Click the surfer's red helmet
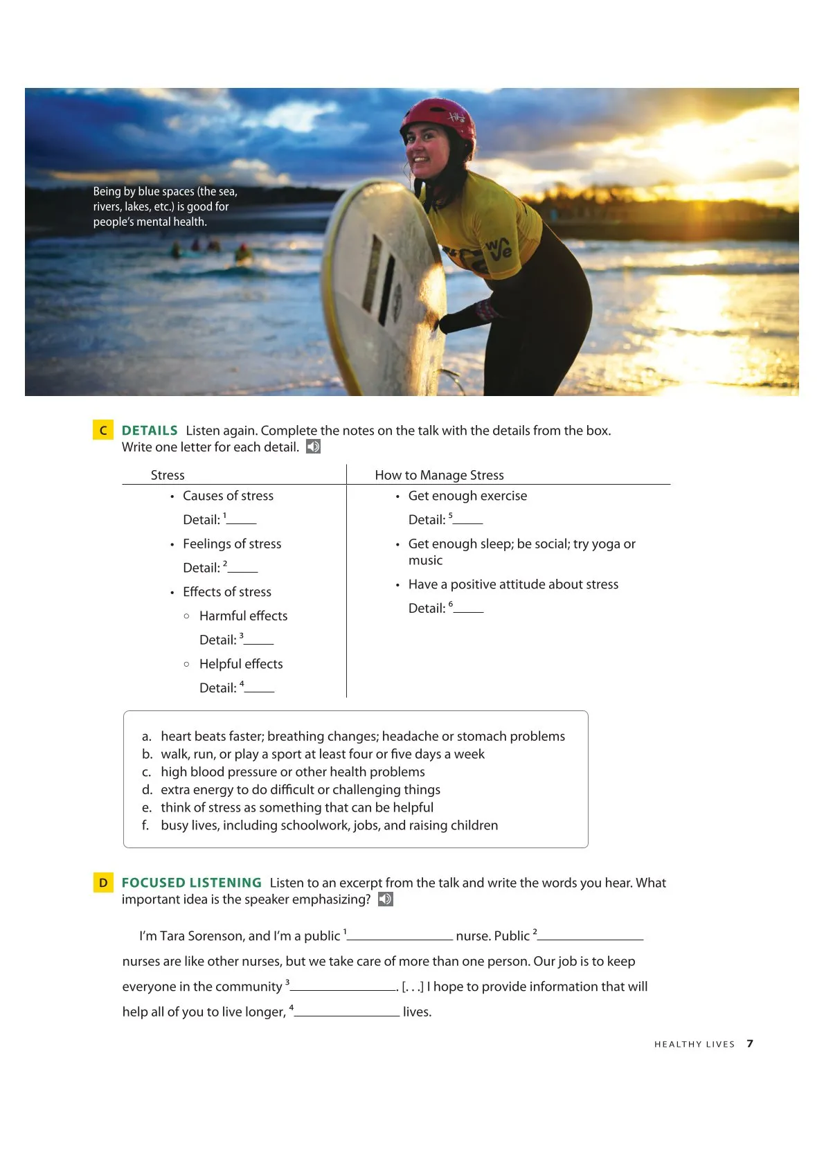pos(439,117)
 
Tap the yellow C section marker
pos(103,430)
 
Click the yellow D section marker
pos(103,883)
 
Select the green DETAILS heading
pos(150,431)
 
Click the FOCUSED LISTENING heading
pos(192,883)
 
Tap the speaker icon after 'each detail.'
pos(314,447)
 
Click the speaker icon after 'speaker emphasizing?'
pos(386,899)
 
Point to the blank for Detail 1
pos(241,521)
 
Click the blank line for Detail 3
pos(258,641)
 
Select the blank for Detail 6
pos(468,609)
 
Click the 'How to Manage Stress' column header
pos(439,475)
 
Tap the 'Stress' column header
pos(168,475)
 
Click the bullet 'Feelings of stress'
pos(232,544)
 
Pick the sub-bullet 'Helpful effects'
pos(241,664)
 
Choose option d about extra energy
pos(300,790)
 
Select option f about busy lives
pos(329,825)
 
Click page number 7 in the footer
pos(750,1043)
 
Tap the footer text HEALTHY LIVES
pos(694,1044)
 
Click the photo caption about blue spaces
pos(165,206)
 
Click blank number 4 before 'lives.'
pos(347,1013)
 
